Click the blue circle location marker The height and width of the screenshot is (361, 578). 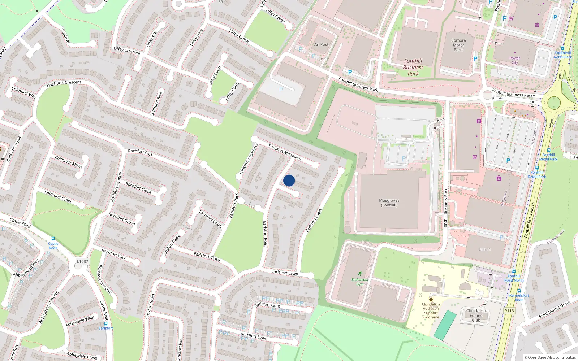tap(289, 180)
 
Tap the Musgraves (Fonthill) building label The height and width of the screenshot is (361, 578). tap(389, 203)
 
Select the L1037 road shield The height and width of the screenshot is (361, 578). tap(82, 261)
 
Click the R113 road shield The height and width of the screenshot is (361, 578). tap(509, 310)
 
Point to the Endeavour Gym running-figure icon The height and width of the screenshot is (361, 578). tap(360, 273)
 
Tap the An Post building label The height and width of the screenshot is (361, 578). tap(321, 45)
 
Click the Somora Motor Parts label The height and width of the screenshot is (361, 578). tap(458, 45)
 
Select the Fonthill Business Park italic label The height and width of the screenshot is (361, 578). tap(413, 67)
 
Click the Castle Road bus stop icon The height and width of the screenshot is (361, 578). tap(53, 239)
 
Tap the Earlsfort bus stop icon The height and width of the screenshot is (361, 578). tap(106, 324)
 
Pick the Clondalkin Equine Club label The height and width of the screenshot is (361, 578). tap(476, 315)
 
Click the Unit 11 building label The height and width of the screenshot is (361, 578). tap(484, 249)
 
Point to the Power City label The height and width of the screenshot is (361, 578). tap(514, 60)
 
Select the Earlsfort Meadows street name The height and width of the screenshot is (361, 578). tap(284, 152)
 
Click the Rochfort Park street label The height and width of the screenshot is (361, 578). tap(140, 152)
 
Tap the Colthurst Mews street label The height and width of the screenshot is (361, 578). tap(68, 162)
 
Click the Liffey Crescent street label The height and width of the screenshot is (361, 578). tap(127, 51)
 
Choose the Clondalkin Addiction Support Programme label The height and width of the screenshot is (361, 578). tap(431, 310)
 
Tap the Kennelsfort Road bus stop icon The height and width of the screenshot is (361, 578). tap(519, 291)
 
